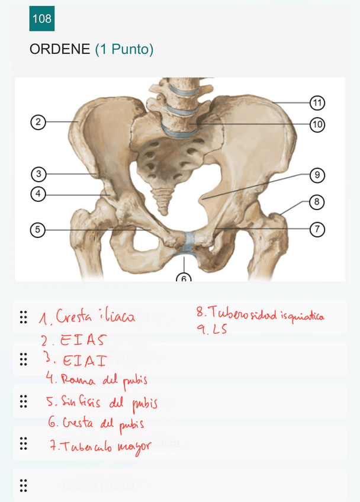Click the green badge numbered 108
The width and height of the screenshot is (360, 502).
tap(42, 19)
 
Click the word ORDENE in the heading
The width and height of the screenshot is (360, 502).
tap(60, 50)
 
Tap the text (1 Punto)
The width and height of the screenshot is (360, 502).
tap(124, 50)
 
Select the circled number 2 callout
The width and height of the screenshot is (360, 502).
tap(38, 123)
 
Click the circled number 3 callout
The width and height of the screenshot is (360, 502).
tap(38, 174)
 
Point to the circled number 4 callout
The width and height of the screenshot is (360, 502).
tap(38, 194)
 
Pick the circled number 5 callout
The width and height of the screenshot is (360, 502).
tap(38, 230)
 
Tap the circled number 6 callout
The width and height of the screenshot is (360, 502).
tap(184, 277)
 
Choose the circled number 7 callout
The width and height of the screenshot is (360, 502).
tap(318, 229)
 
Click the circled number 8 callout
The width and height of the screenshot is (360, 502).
tap(317, 202)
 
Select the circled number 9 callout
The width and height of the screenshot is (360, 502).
tap(317, 175)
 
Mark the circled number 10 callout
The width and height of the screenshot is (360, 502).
tap(317, 124)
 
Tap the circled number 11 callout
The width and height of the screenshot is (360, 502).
tap(317, 103)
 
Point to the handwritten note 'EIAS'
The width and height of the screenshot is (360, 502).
tap(82, 340)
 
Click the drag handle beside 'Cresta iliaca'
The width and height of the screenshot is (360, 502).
tap(24, 317)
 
